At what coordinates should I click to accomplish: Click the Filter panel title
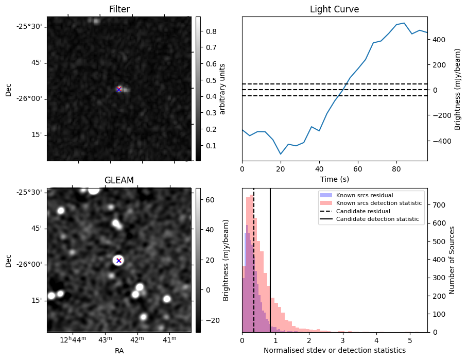[x=119, y=9]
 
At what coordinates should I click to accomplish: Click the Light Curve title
[x=334, y=9]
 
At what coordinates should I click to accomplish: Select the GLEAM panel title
[x=119, y=180]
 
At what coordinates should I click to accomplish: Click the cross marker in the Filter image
[x=119, y=89]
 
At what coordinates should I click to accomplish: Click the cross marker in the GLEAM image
[x=119, y=261]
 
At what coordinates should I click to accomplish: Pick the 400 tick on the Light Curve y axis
[x=438, y=40]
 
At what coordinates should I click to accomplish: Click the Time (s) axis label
[x=334, y=178]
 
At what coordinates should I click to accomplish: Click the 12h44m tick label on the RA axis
[x=72, y=339]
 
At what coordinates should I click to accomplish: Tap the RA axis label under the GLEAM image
[x=119, y=351]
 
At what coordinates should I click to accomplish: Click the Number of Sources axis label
[x=452, y=260]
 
